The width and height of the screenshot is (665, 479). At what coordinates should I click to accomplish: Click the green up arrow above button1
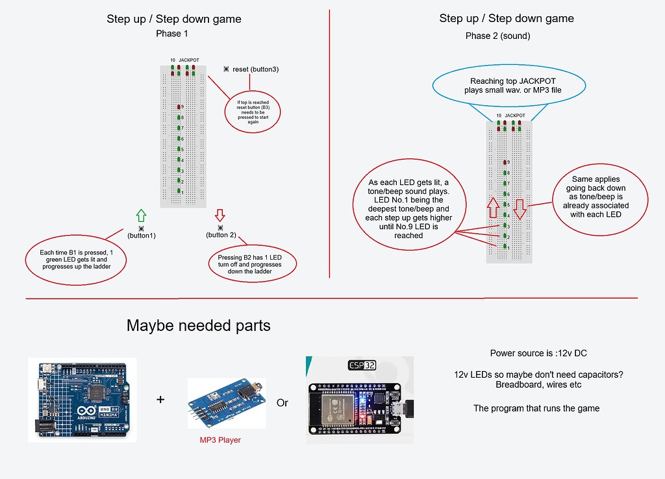coord(142,216)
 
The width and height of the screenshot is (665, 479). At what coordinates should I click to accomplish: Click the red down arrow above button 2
coord(220,215)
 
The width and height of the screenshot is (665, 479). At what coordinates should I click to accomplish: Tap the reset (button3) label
coord(255,69)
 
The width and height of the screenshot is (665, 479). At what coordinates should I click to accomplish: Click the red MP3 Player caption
coord(220,440)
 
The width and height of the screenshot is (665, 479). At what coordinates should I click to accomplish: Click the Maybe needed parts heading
coord(198,325)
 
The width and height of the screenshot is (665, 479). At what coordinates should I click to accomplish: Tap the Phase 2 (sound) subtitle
coord(497,36)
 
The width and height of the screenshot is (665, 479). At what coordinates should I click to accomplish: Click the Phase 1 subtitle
coord(172,33)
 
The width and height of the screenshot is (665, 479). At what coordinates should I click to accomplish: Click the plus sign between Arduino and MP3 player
coord(160,400)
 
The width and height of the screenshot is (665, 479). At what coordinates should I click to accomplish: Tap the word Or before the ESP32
coord(282,403)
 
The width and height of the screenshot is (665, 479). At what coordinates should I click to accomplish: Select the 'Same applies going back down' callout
coord(596,197)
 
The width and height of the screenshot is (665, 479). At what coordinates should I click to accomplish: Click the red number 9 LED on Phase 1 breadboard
coord(179,106)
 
